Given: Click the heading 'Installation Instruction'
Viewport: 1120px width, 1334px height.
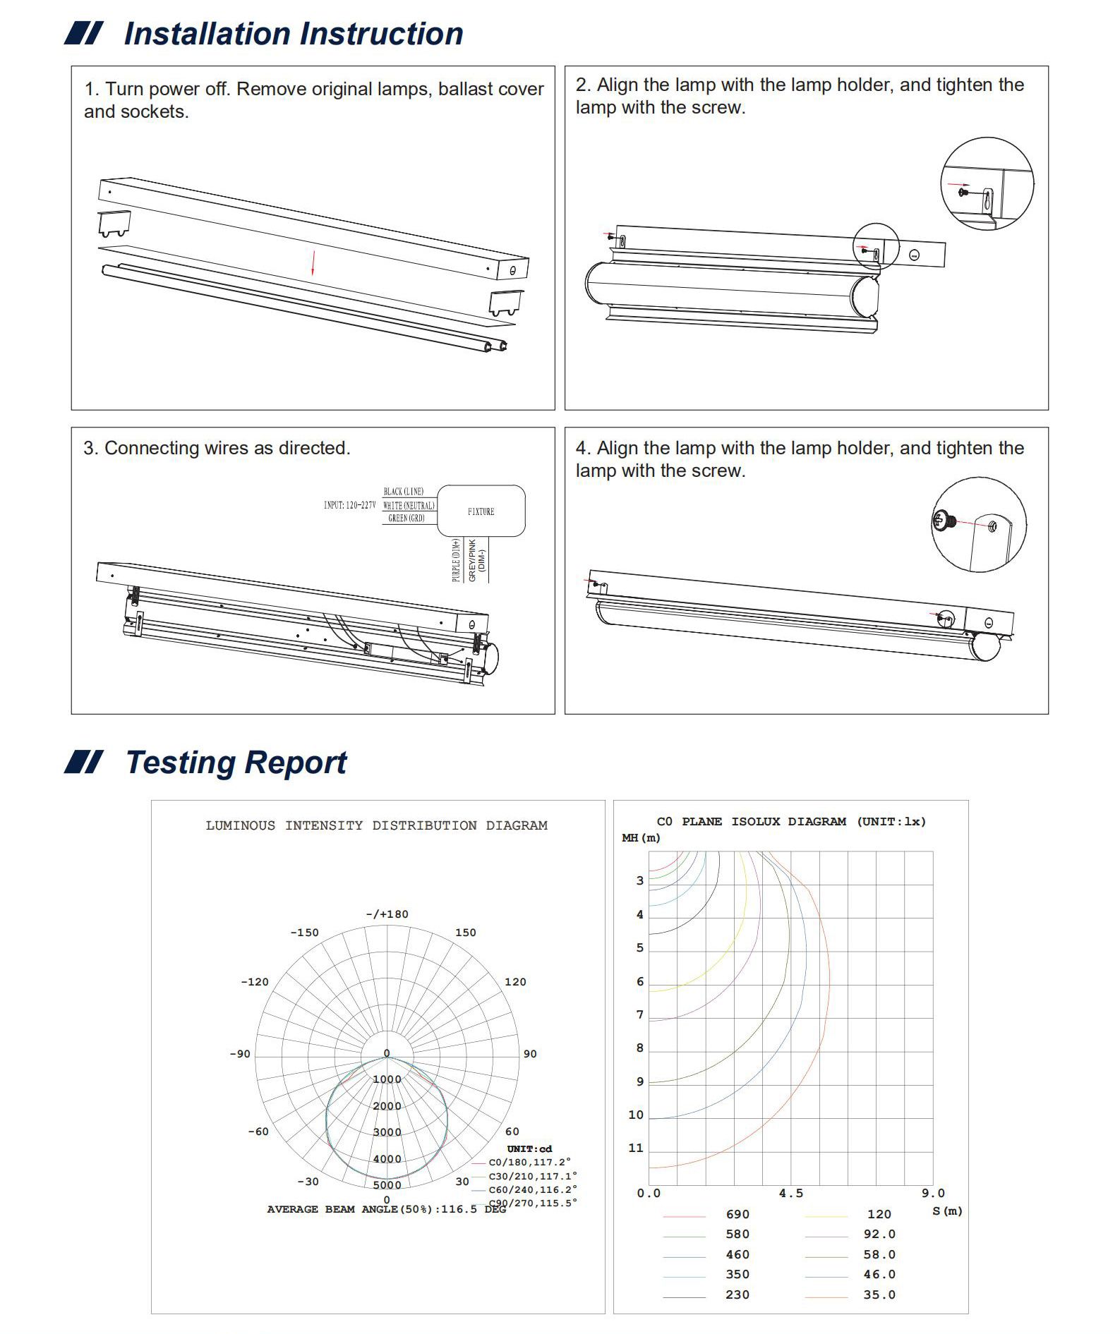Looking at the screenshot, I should (293, 34).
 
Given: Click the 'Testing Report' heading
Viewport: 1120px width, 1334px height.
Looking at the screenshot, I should (236, 763).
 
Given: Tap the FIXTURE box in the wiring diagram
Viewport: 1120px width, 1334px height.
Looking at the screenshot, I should (481, 511).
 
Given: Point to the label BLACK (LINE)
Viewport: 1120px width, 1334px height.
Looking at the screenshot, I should (404, 491).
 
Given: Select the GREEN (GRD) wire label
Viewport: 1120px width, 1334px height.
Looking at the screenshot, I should (407, 519).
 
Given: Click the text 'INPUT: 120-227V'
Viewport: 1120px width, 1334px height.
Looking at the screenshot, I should (349, 505).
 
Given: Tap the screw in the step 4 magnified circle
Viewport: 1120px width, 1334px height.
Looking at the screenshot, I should (943, 521).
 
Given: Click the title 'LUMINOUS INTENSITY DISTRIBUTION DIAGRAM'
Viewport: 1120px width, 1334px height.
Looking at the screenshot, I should (376, 825).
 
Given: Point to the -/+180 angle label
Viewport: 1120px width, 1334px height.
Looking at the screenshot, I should (387, 914).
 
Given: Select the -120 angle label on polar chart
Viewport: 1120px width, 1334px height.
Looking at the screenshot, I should (255, 982).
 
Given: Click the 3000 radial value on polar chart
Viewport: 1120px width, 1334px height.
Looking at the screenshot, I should (387, 1132).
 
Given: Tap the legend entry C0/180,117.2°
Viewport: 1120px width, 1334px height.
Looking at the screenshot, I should (529, 1162).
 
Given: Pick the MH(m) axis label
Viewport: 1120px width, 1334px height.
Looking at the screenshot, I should (641, 838).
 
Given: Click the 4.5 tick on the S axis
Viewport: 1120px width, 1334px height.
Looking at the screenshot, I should (790, 1193).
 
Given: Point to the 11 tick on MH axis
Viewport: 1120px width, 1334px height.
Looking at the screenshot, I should (636, 1148).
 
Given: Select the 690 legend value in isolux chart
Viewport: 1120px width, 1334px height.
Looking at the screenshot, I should (737, 1214).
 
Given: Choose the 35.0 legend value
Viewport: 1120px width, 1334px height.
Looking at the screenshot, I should (879, 1294).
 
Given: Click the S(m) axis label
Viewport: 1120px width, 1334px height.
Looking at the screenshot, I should (947, 1211).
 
